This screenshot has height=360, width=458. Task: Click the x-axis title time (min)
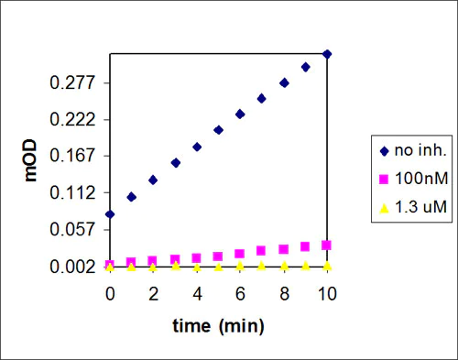218,324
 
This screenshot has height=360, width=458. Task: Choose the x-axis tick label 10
327,294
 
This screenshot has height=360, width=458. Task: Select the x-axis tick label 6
240,294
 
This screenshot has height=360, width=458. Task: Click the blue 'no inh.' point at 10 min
327,54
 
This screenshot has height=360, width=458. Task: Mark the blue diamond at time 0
110,214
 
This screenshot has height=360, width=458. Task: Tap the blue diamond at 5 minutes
218,130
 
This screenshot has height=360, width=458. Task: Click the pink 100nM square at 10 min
327,245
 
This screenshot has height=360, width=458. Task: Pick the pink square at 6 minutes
240,254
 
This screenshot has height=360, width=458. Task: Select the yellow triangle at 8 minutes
284,266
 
